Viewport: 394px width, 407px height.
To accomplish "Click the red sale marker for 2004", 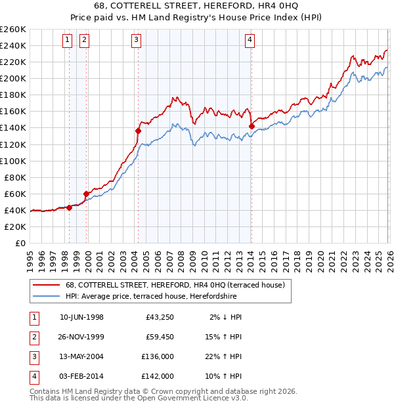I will point(138,131).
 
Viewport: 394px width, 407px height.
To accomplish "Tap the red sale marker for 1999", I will point(86,194).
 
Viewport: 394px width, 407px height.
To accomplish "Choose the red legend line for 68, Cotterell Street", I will point(46,286).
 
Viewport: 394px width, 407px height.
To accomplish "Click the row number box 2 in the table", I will point(33,337).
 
